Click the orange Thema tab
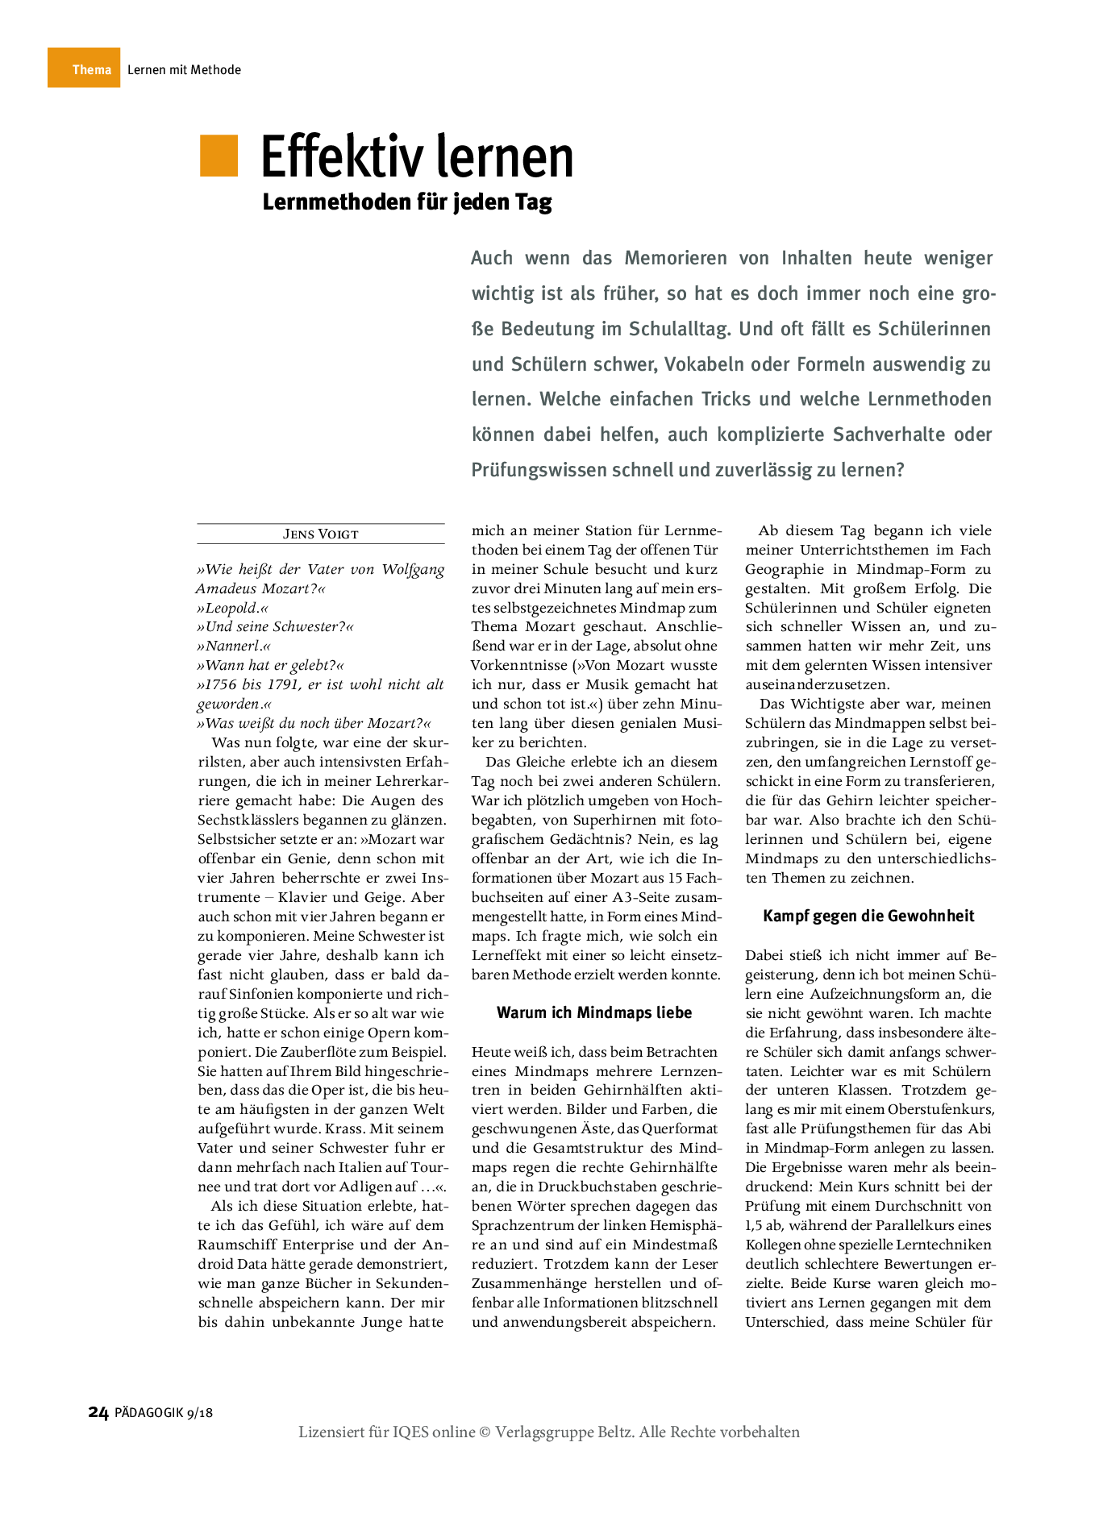coord(84,69)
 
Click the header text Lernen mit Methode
coord(184,70)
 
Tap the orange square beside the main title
coord(219,156)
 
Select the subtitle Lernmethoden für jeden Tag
coord(407,202)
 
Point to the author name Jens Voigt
coord(320,534)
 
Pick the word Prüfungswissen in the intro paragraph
coord(539,470)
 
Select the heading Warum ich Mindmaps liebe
coord(594,1013)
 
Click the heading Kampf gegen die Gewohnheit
coord(868,917)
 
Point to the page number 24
coord(98,1412)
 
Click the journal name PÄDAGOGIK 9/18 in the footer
coord(164,1413)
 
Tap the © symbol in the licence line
coord(485,1432)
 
